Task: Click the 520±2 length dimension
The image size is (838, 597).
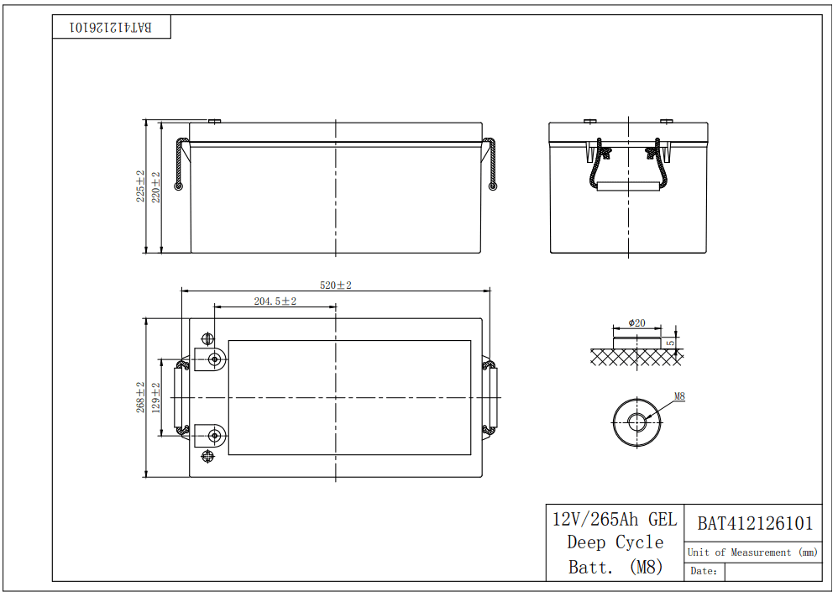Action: click(x=336, y=285)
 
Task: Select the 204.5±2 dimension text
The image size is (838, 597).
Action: click(x=275, y=301)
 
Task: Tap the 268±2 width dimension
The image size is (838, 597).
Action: click(x=142, y=397)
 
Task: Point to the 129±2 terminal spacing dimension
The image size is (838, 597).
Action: click(x=156, y=397)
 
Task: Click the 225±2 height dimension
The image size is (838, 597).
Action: click(x=141, y=186)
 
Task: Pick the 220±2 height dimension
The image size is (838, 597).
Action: click(x=155, y=186)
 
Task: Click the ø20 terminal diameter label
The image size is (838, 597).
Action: click(x=636, y=323)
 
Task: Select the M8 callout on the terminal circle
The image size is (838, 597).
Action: click(x=679, y=395)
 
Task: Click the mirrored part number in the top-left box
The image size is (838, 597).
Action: click(x=112, y=27)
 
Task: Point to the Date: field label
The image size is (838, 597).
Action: click(x=704, y=571)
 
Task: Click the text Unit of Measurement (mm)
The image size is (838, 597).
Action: click(x=752, y=552)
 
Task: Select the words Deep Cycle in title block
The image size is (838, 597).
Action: click(x=615, y=542)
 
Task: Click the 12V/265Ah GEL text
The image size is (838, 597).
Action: click(x=615, y=519)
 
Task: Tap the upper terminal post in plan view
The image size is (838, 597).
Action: click(x=216, y=359)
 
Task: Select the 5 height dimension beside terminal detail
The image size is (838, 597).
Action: click(x=670, y=343)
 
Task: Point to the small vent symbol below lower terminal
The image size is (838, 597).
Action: click(x=208, y=456)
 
